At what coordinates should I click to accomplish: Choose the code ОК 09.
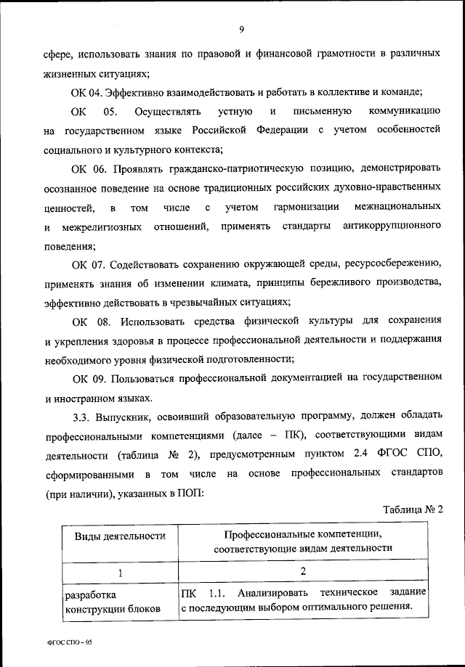tap(87, 378)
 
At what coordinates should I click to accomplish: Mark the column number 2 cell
tap(302, 573)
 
